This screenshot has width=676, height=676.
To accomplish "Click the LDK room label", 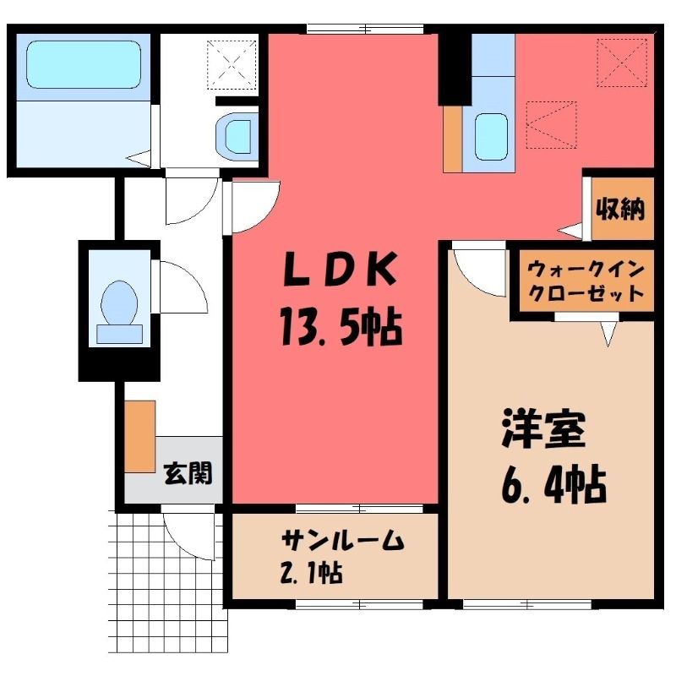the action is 340,270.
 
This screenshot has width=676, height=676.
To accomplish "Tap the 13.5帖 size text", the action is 341,327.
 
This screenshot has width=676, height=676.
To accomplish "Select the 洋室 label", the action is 543,430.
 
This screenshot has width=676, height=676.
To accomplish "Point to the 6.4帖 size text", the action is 553,485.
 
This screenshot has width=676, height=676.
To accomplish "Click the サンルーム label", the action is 343,540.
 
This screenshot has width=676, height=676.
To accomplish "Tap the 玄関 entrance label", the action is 188,473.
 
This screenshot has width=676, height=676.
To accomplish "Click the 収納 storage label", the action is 620,209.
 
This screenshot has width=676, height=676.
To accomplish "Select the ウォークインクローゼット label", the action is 586,282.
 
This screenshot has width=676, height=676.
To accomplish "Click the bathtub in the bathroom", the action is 84,65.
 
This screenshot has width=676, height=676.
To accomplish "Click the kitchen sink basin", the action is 491,137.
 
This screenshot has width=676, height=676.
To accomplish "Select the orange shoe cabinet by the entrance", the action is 140,436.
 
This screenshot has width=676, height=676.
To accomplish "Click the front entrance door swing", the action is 188,533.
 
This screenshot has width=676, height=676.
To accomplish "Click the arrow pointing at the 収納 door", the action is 569,231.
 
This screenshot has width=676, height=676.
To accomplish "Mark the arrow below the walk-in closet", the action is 608,334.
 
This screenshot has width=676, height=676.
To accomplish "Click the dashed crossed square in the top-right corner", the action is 622,63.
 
